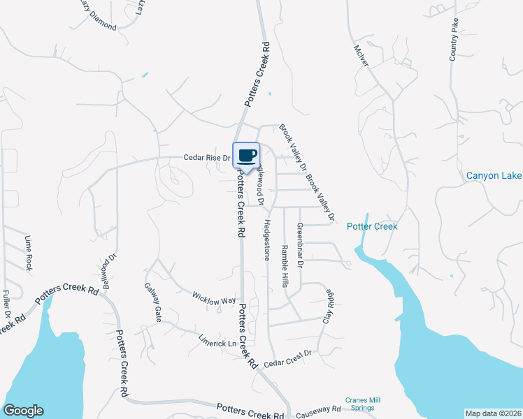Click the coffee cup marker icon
pos(246,156)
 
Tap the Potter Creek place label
pos(372,226)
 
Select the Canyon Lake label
pos(494,175)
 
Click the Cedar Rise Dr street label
pos(207,158)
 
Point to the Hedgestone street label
pos(266,240)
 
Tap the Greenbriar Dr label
pos(299,245)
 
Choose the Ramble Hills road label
pos(285,266)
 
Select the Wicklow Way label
pos(215,297)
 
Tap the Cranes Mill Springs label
pos(361,404)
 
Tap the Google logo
pos(23,411)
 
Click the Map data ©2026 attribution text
pos(493,413)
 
